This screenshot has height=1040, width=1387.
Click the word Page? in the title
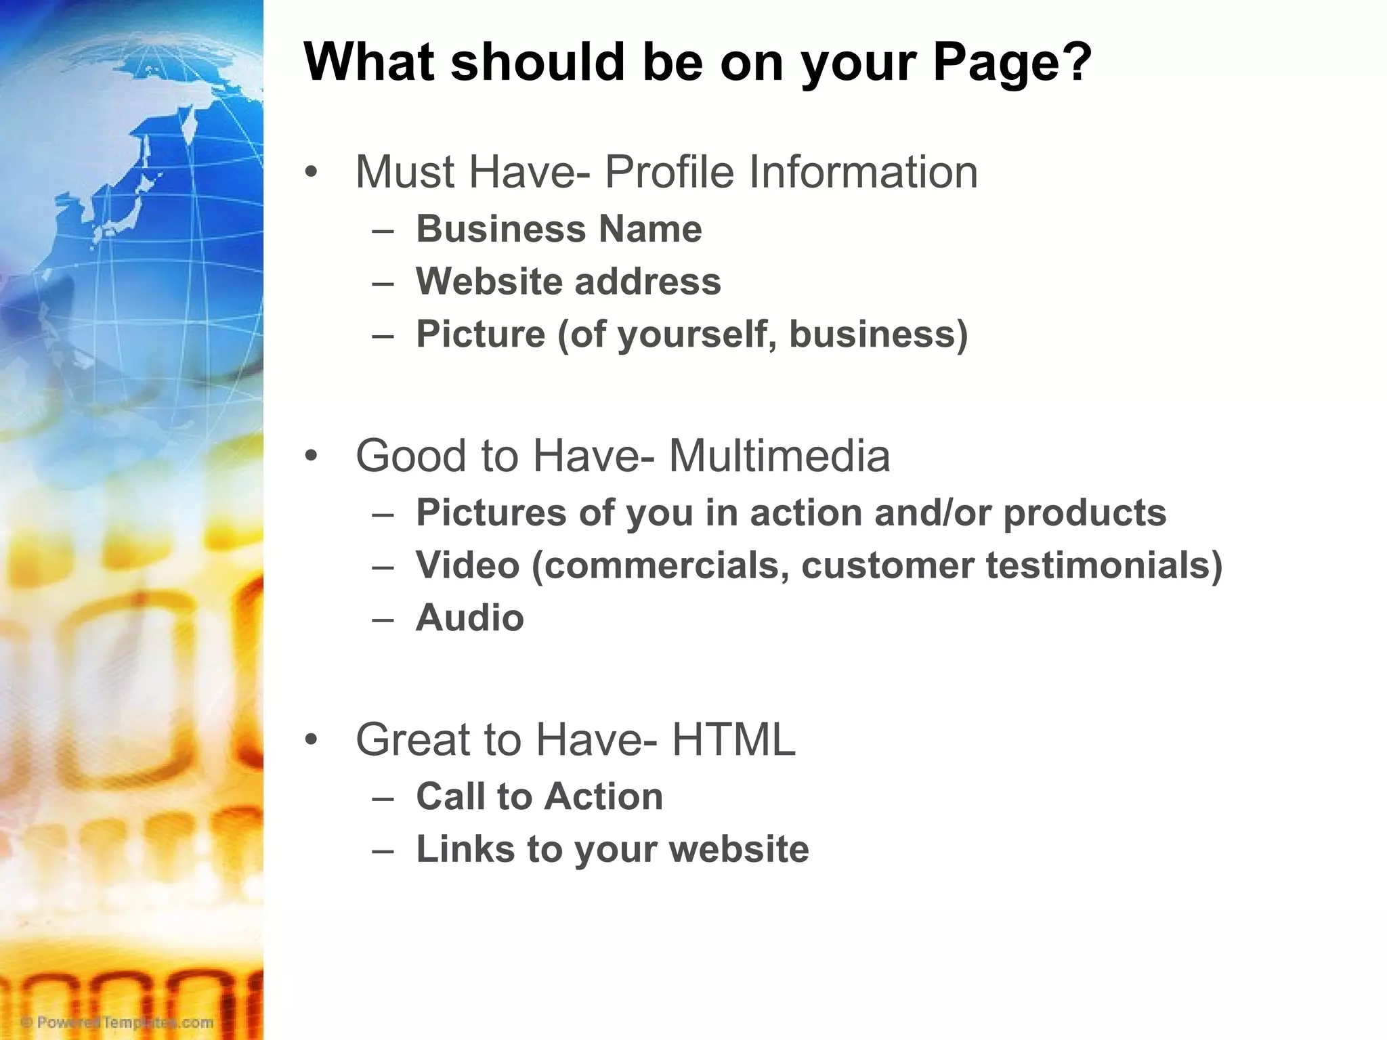[1012, 63]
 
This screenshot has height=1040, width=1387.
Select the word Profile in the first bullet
[668, 172]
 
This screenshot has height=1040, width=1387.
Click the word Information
[863, 172]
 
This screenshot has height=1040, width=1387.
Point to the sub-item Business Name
[559, 229]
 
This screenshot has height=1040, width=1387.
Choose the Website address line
[568, 282]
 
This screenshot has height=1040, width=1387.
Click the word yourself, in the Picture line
[697, 334]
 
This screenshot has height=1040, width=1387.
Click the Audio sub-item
[470, 618]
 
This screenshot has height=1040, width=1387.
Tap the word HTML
[733, 739]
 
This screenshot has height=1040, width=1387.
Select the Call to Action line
[539, 796]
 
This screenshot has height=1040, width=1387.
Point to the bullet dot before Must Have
[311, 172]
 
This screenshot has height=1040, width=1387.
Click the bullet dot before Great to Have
[311, 739]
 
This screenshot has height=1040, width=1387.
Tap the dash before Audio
[383, 618]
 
